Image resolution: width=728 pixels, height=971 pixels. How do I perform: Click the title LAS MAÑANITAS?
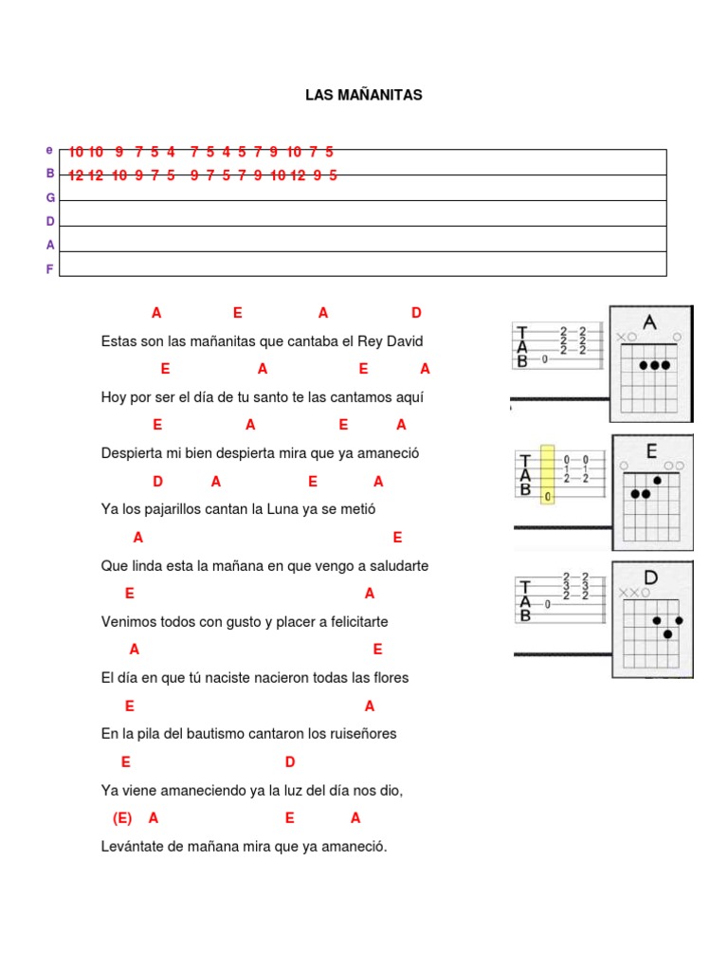click(x=363, y=95)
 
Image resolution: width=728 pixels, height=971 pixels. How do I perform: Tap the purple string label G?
click(x=50, y=197)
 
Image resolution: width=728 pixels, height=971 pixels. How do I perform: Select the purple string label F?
click(x=50, y=269)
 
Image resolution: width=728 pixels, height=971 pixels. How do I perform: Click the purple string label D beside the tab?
click(x=50, y=221)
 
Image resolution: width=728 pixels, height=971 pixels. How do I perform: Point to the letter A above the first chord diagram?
click(x=649, y=322)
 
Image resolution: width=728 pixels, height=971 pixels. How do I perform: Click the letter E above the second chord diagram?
click(x=652, y=451)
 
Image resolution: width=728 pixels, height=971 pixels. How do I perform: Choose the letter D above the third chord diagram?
click(x=650, y=577)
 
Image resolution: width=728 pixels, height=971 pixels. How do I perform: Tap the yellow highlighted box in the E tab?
click(x=548, y=474)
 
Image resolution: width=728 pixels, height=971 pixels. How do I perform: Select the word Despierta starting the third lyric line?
click(x=132, y=453)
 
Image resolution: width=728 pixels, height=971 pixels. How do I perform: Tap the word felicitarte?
click(x=355, y=622)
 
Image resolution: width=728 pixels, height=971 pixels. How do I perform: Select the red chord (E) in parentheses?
click(x=122, y=817)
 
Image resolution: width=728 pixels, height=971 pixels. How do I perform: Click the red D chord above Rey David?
click(x=416, y=313)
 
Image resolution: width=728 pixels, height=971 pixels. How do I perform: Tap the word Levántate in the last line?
click(x=133, y=847)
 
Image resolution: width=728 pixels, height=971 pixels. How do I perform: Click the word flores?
click(x=390, y=678)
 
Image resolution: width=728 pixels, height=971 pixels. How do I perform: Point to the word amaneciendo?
click(x=182, y=790)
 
